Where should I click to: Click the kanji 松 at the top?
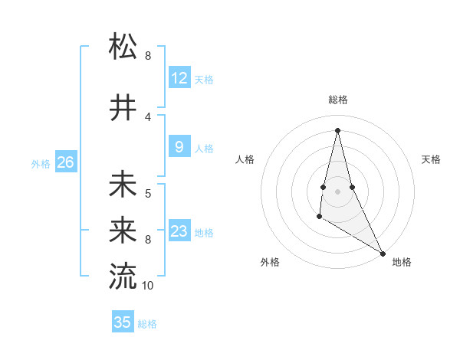123,47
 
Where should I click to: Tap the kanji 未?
123,185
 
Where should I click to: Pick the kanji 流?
123,277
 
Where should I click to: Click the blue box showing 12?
179,78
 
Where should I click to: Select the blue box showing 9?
179,147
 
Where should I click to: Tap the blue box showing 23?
179,231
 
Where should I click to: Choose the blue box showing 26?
66,162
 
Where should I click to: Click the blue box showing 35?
123,322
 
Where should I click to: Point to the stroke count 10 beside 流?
148,286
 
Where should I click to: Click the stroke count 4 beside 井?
148,116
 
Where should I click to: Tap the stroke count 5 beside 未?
148,193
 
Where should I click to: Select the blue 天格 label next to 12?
204,80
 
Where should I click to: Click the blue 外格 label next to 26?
41,164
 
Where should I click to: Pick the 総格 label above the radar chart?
337,100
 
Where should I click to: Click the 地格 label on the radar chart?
402,262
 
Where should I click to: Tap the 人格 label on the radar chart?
245,159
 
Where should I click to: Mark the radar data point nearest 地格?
383,253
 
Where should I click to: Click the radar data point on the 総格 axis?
337,130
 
